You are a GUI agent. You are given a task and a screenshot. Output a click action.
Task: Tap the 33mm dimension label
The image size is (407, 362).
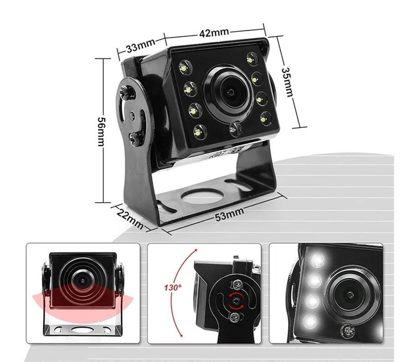(x=141, y=46)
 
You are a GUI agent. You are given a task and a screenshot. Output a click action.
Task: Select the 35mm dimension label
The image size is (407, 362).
(x=287, y=81)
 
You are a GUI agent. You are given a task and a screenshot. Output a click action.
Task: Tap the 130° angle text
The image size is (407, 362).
(x=173, y=287)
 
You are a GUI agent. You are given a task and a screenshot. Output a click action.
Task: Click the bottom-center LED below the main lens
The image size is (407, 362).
(x=235, y=129)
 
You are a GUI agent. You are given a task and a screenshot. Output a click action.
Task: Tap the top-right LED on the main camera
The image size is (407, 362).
(x=252, y=59)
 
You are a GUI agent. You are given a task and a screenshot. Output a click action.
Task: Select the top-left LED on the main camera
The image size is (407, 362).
(x=184, y=66)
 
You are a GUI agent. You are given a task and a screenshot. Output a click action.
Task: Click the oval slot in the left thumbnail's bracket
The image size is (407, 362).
(x=81, y=330)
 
